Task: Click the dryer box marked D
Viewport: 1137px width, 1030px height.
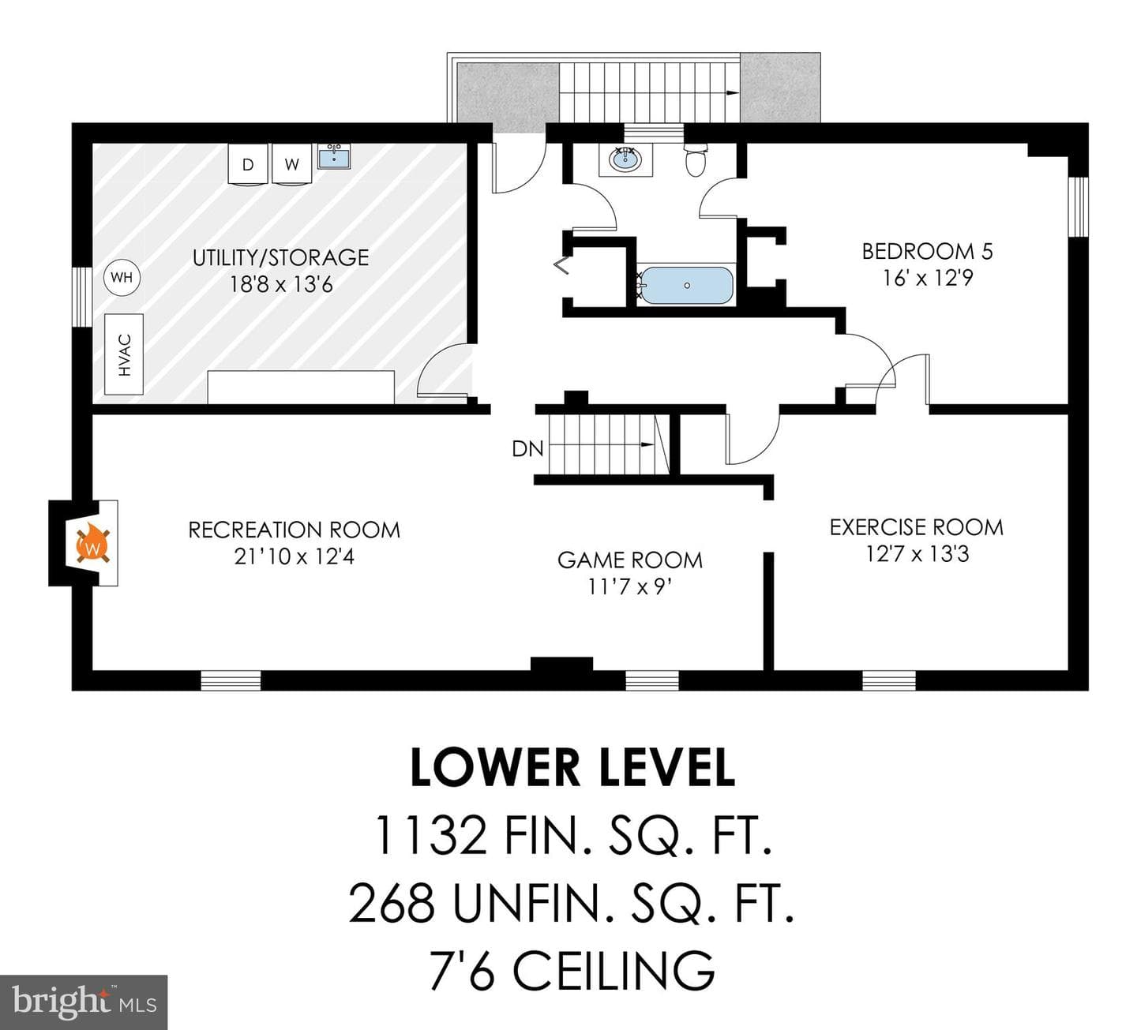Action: (x=248, y=163)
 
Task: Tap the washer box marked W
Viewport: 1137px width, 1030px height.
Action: (x=291, y=163)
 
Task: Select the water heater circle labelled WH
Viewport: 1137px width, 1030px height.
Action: (x=122, y=278)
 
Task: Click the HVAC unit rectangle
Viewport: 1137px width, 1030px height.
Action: (x=124, y=354)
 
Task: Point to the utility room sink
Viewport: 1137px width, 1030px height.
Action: (x=334, y=155)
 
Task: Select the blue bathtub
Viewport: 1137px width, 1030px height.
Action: (x=686, y=286)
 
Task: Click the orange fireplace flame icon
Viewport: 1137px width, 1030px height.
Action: (x=93, y=543)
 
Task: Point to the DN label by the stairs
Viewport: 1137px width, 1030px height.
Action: (x=527, y=449)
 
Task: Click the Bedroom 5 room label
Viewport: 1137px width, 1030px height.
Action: (x=927, y=252)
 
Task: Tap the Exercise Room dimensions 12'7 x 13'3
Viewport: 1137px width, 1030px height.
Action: (x=917, y=553)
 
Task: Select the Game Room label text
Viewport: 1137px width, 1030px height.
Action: (x=630, y=560)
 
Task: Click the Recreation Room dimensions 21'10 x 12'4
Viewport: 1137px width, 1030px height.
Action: (x=295, y=556)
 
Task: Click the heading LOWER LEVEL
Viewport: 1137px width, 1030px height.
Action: (x=572, y=767)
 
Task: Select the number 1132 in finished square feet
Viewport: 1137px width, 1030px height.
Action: (x=431, y=851)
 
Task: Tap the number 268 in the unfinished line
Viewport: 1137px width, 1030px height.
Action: (x=392, y=902)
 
